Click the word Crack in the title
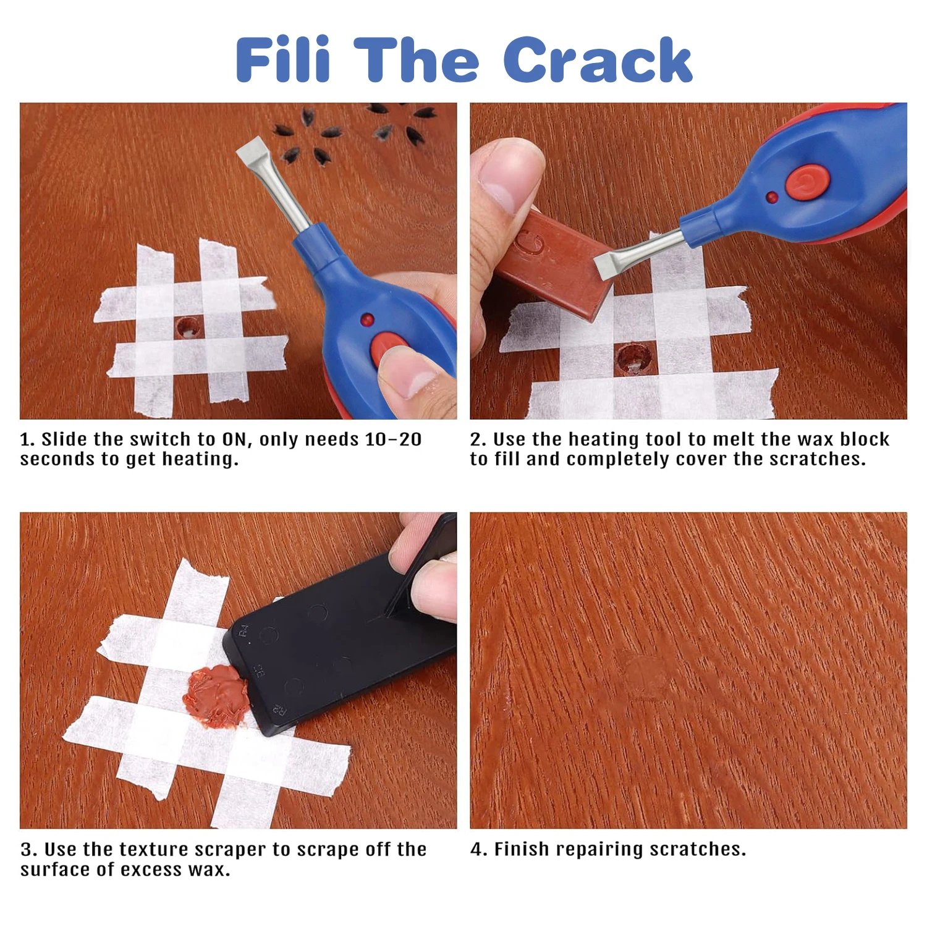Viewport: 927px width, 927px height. (597, 60)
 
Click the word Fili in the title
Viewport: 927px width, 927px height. (283, 60)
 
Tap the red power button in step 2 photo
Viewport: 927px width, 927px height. (806, 182)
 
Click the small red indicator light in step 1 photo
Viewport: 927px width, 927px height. (366, 320)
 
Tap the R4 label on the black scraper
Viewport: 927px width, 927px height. (243, 631)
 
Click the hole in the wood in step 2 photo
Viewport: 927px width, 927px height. (633, 359)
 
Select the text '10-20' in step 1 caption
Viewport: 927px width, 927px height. (393, 439)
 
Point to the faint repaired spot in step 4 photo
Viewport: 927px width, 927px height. (643, 674)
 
